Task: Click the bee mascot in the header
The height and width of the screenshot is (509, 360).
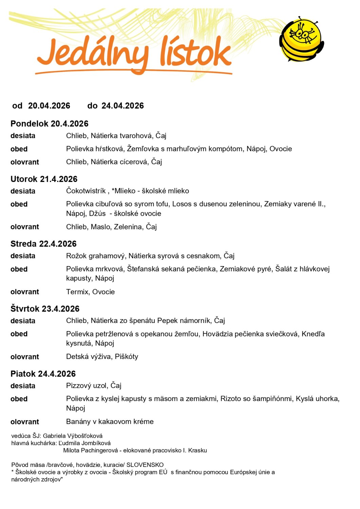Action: tap(301, 40)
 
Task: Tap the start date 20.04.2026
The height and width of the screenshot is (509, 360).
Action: tap(49, 106)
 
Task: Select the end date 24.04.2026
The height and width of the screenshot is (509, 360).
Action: tap(122, 106)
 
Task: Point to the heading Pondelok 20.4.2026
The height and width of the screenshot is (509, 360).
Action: tap(50, 124)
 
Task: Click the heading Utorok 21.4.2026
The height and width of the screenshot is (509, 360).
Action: tap(44, 179)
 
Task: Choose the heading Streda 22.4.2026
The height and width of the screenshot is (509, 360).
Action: tap(43, 244)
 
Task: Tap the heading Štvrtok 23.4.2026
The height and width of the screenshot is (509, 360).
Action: tap(45, 309)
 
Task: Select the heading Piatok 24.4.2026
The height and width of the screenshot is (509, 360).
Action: tap(43, 374)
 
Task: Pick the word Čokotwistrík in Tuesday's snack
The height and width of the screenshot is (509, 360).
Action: tap(86, 191)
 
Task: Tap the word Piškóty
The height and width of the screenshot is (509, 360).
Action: tap(127, 357)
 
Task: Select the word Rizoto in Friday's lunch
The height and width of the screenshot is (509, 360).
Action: tap(231, 399)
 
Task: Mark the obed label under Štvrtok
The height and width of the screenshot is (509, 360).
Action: tap(19, 334)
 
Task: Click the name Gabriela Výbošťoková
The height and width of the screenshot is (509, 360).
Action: tap(73, 436)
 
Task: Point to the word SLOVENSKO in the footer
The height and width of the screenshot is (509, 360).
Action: tap(145, 465)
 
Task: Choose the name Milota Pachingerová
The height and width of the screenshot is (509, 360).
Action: tap(91, 451)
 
